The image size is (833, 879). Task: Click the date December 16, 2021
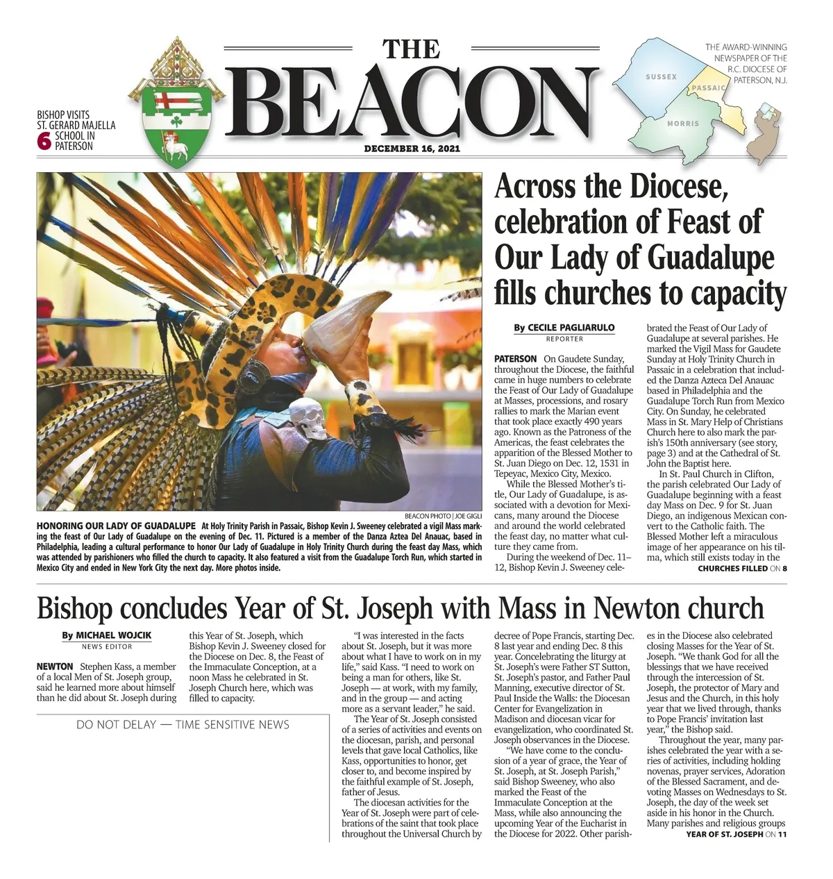(412, 149)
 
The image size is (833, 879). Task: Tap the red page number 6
(44, 141)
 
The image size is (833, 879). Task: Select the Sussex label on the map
(661, 76)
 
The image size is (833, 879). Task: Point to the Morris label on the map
(683, 124)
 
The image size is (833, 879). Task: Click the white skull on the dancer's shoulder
(307, 419)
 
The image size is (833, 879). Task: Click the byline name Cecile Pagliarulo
(571, 328)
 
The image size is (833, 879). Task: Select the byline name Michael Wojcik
(113, 635)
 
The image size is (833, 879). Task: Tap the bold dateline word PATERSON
(515, 359)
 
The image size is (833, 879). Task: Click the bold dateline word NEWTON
(55, 667)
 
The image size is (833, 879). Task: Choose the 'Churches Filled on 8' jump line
(742, 569)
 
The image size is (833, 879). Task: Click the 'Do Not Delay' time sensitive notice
(183, 725)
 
